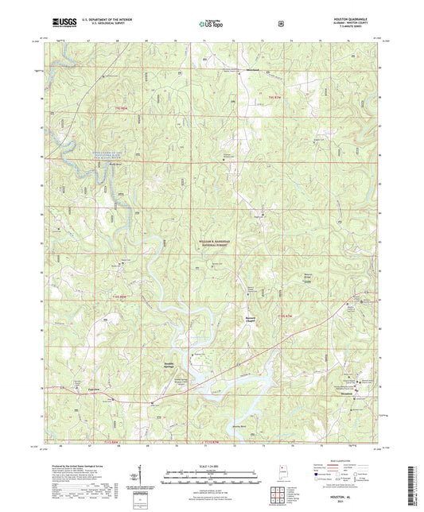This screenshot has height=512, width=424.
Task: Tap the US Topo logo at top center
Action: point(210,25)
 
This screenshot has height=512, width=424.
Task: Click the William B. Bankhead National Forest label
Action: point(213,243)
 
